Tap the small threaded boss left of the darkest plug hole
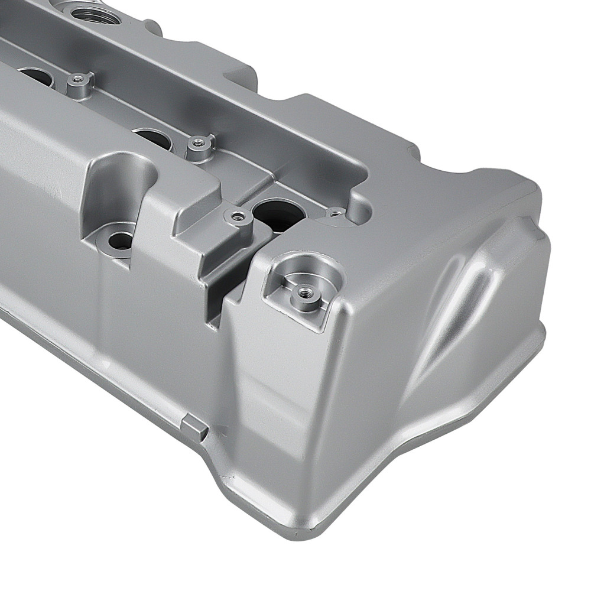point(238,216)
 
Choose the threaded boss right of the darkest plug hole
point(336,212)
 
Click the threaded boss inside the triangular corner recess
point(304,291)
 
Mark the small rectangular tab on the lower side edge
point(194,427)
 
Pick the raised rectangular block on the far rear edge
point(242,74)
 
